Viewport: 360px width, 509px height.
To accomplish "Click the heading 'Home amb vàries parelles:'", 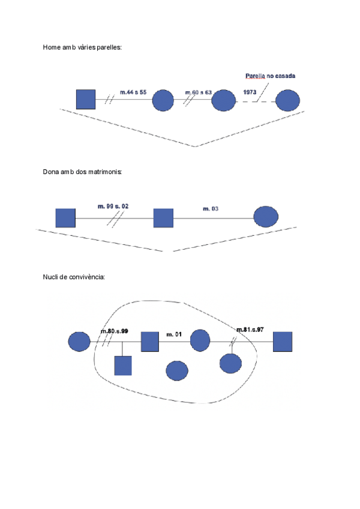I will click(x=82, y=47).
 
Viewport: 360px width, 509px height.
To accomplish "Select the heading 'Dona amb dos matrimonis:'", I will click(x=82, y=172).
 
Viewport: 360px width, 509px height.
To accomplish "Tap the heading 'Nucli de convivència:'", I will click(x=74, y=277).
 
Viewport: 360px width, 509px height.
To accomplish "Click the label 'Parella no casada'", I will click(x=270, y=76).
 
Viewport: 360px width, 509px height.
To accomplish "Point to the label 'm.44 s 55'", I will click(x=133, y=92).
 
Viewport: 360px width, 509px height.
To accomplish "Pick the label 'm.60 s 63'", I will click(x=199, y=92).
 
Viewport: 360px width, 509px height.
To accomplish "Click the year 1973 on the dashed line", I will click(x=251, y=92).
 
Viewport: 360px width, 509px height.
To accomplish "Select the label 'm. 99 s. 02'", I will click(x=113, y=206).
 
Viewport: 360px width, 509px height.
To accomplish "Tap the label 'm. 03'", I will click(x=211, y=208).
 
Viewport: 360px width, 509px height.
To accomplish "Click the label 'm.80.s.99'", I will click(x=115, y=331).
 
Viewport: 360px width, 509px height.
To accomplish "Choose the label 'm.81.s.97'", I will click(x=250, y=330).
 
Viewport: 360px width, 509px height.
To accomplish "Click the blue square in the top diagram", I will click(x=86, y=99).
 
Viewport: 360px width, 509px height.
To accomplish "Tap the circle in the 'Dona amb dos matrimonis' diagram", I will click(x=266, y=216).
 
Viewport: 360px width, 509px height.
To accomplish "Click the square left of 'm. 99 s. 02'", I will click(x=65, y=218).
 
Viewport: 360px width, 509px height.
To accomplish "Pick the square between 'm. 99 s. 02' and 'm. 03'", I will click(x=163, y=218).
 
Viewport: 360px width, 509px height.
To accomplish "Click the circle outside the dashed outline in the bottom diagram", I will click(x=79, y=342).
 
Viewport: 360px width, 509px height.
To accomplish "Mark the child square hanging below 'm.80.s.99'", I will click(x=123, y=365).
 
